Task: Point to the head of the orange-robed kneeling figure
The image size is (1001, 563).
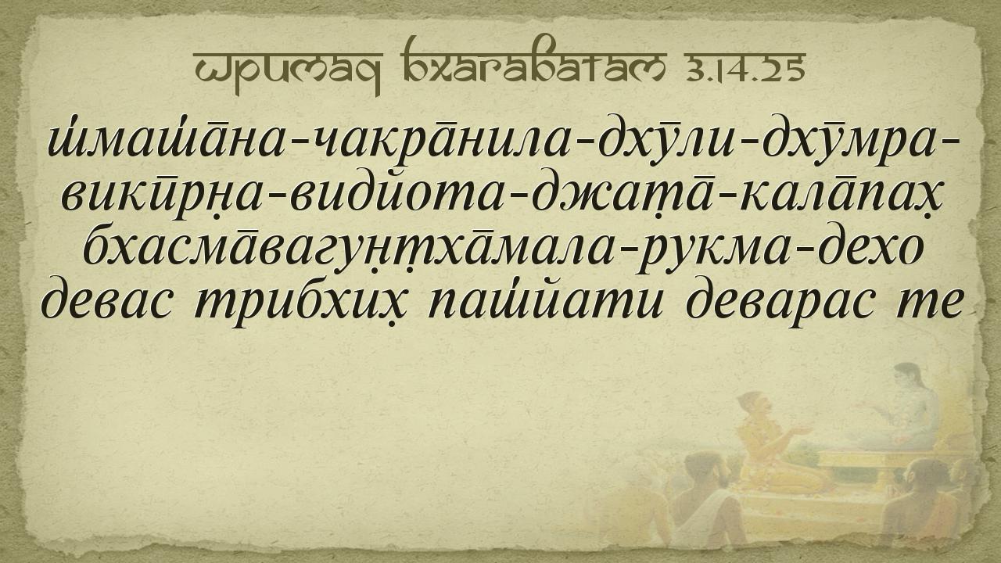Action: point(755,403)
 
